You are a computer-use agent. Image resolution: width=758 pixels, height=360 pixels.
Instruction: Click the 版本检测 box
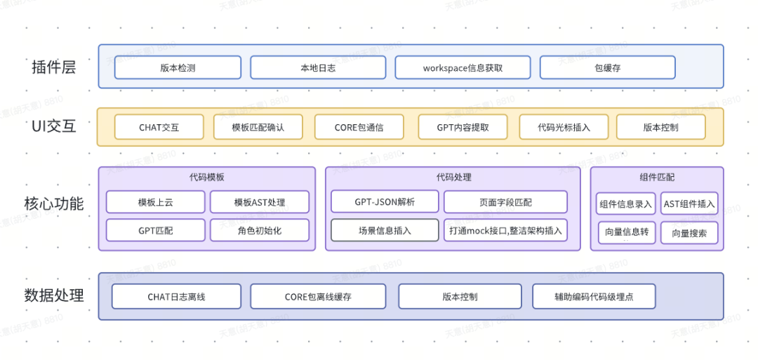pos(178,68)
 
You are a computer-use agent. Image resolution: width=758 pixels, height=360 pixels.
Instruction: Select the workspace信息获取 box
pos(463,68)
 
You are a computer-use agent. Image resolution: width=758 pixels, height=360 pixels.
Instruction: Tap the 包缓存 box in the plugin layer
pos(607,68)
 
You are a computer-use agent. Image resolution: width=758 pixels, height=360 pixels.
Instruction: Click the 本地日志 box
pos(317,68)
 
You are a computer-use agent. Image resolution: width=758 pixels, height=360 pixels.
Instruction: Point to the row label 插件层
pos(53,67)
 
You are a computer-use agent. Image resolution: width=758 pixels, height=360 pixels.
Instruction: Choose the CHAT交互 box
pos(159,127)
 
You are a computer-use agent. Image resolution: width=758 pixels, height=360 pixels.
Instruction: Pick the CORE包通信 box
pos(359,127)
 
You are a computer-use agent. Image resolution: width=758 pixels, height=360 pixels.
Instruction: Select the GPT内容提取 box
pos(463,127)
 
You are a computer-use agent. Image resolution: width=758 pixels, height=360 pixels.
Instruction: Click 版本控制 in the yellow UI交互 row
pos(660,127)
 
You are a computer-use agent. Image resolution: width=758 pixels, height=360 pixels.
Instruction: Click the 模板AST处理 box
pos(259,202)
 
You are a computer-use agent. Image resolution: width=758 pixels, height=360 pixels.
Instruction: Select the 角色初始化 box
pos(259,230)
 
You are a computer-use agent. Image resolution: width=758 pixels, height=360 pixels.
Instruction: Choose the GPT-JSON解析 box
pos(385,201)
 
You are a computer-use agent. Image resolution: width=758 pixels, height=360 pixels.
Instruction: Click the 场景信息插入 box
pos(385,230)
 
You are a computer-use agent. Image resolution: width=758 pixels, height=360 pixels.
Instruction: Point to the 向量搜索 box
pos(689,233)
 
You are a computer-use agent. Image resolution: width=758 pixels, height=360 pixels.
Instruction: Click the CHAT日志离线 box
pos(176,296)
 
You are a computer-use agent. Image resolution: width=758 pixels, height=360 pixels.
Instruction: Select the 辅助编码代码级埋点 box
pos(593,296)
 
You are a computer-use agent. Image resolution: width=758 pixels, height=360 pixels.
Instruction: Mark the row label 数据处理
pos(53,295)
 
